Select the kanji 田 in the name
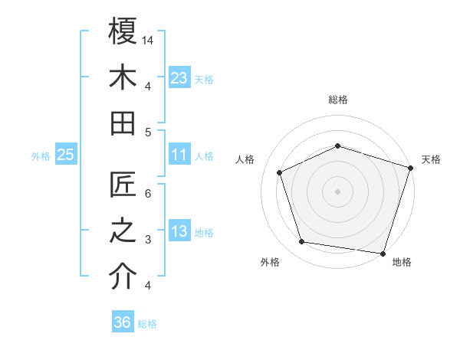123,123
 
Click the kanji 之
123,231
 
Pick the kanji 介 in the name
123,277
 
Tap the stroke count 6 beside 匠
149,194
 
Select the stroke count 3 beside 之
149,240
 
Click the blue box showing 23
179,78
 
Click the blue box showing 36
122,322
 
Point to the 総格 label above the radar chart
337,100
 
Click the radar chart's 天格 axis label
431,159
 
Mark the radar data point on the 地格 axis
383,253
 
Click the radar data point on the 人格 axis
280,172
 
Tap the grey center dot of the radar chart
337,191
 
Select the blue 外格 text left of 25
41,156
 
